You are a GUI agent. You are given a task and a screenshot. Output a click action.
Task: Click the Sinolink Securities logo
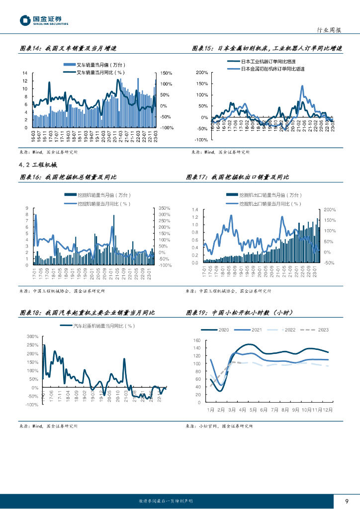[44, 20]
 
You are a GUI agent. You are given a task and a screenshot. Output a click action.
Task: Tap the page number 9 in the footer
[347, 501]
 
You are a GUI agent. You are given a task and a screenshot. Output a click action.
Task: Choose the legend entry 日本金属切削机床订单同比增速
[272, 69]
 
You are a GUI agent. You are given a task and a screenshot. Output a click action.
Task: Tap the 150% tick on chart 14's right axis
[167, 74]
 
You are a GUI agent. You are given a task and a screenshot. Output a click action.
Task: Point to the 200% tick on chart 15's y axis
[201, 73]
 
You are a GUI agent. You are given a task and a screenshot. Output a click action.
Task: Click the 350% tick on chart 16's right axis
[165, 209]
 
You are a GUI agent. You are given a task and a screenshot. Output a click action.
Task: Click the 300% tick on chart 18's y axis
[32, 337]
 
